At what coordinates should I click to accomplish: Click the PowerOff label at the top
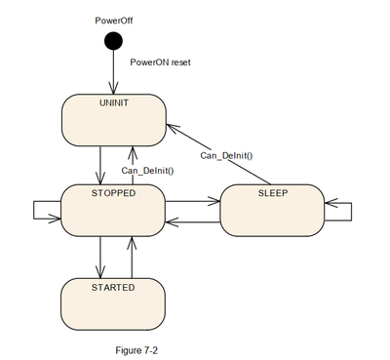click(114, 18)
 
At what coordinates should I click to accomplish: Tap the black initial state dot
click(114, 40)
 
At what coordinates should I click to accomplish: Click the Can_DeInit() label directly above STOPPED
click(148, 172)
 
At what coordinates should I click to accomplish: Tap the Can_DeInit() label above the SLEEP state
click(227, 154)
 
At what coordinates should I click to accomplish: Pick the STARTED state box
click(112, 302)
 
